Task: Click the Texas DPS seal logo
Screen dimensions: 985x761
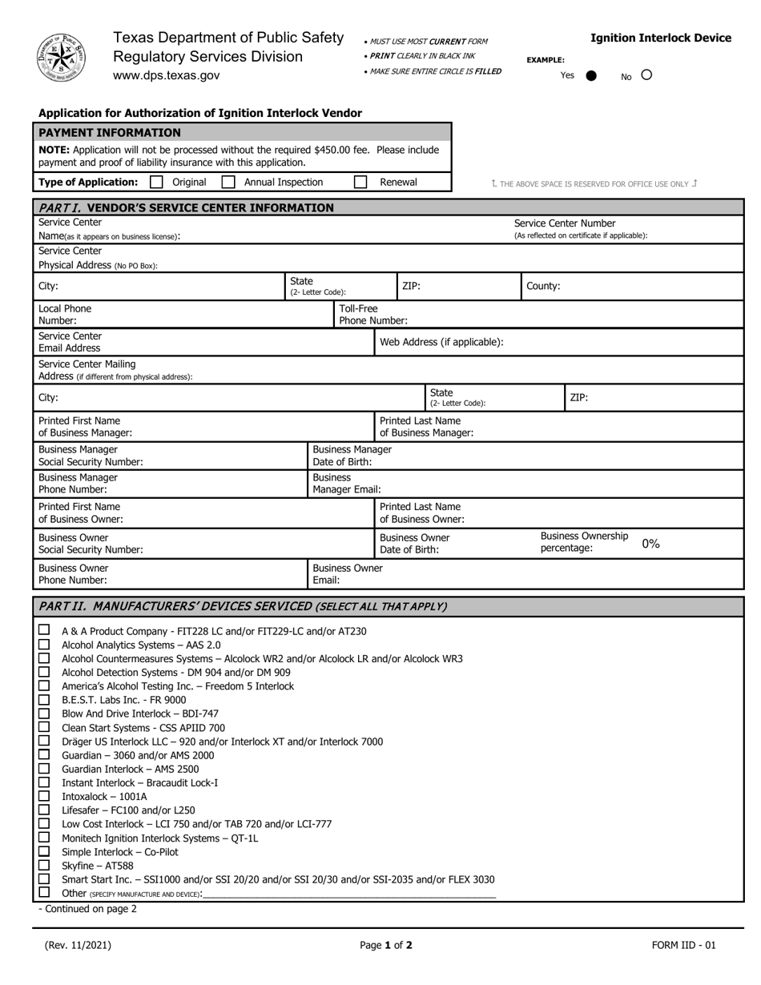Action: pyautogui.click(x=61, y=57)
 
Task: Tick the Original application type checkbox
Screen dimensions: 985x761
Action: pyautogui.click(x=157, y=183)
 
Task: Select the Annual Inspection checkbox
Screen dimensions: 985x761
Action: pyautogui.click(x=228, y=183)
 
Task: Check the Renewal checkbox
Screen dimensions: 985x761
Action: pyautogui.click(x=360, y=183)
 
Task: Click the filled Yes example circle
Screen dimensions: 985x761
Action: pyautogui.click(x=591, y=76)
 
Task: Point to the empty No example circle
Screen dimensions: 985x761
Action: pyautogui.click(x=646, y=75)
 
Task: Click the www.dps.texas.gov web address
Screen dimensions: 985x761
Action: pyautogui.click(x=166, y=75)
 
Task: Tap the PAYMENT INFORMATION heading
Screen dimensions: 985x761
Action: pyautogui.click(x=110, y=133)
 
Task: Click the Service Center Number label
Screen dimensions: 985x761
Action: pyautogui.click(x=565, y=223)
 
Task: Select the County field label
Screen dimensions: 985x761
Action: pyautogui.click(x=543, y=286)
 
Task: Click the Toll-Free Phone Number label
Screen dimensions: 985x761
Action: pyautogui.click(x=372, y=315)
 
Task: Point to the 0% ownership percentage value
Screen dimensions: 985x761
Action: pyautogui.click(x=650, y=544)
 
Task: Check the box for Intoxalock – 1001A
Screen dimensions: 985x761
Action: pyautogui.click(x=44, y=796)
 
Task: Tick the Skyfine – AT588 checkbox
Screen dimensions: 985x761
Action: pyautogui.click(x=44, y=865)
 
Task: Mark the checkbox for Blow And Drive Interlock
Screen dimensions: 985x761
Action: pyautogui.click(x=44, y=714)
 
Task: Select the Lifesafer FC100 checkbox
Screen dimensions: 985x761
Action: pyautogui.click(x=44, y=810)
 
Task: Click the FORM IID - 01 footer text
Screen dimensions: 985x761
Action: pyautogui.click(x=683, y=945)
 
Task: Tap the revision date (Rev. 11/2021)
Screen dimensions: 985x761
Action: pyautogui.click(x=78, y=945)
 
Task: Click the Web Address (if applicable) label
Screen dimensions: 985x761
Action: pyautogui.click(x=441, y=342)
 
